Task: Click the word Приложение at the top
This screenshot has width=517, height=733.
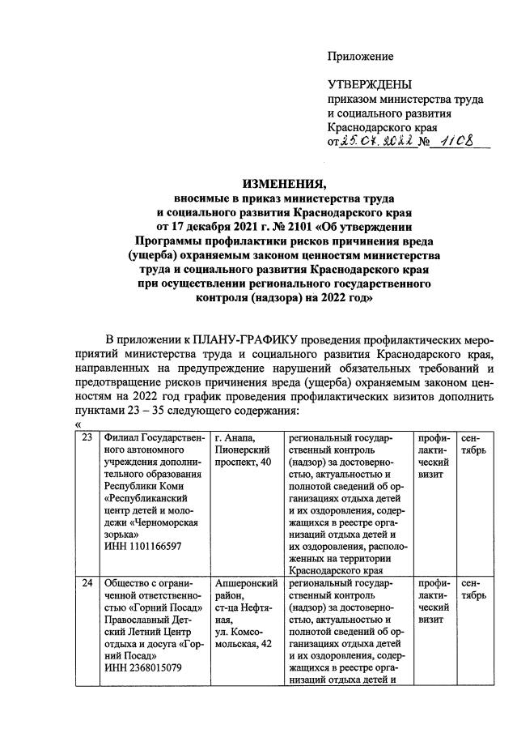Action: click(x=360, y=57)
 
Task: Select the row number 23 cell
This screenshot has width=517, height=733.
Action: click(x=87, y=438)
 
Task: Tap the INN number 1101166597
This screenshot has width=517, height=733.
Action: click(x=142, y=546)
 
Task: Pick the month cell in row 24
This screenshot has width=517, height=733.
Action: click(x=473, y=590)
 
